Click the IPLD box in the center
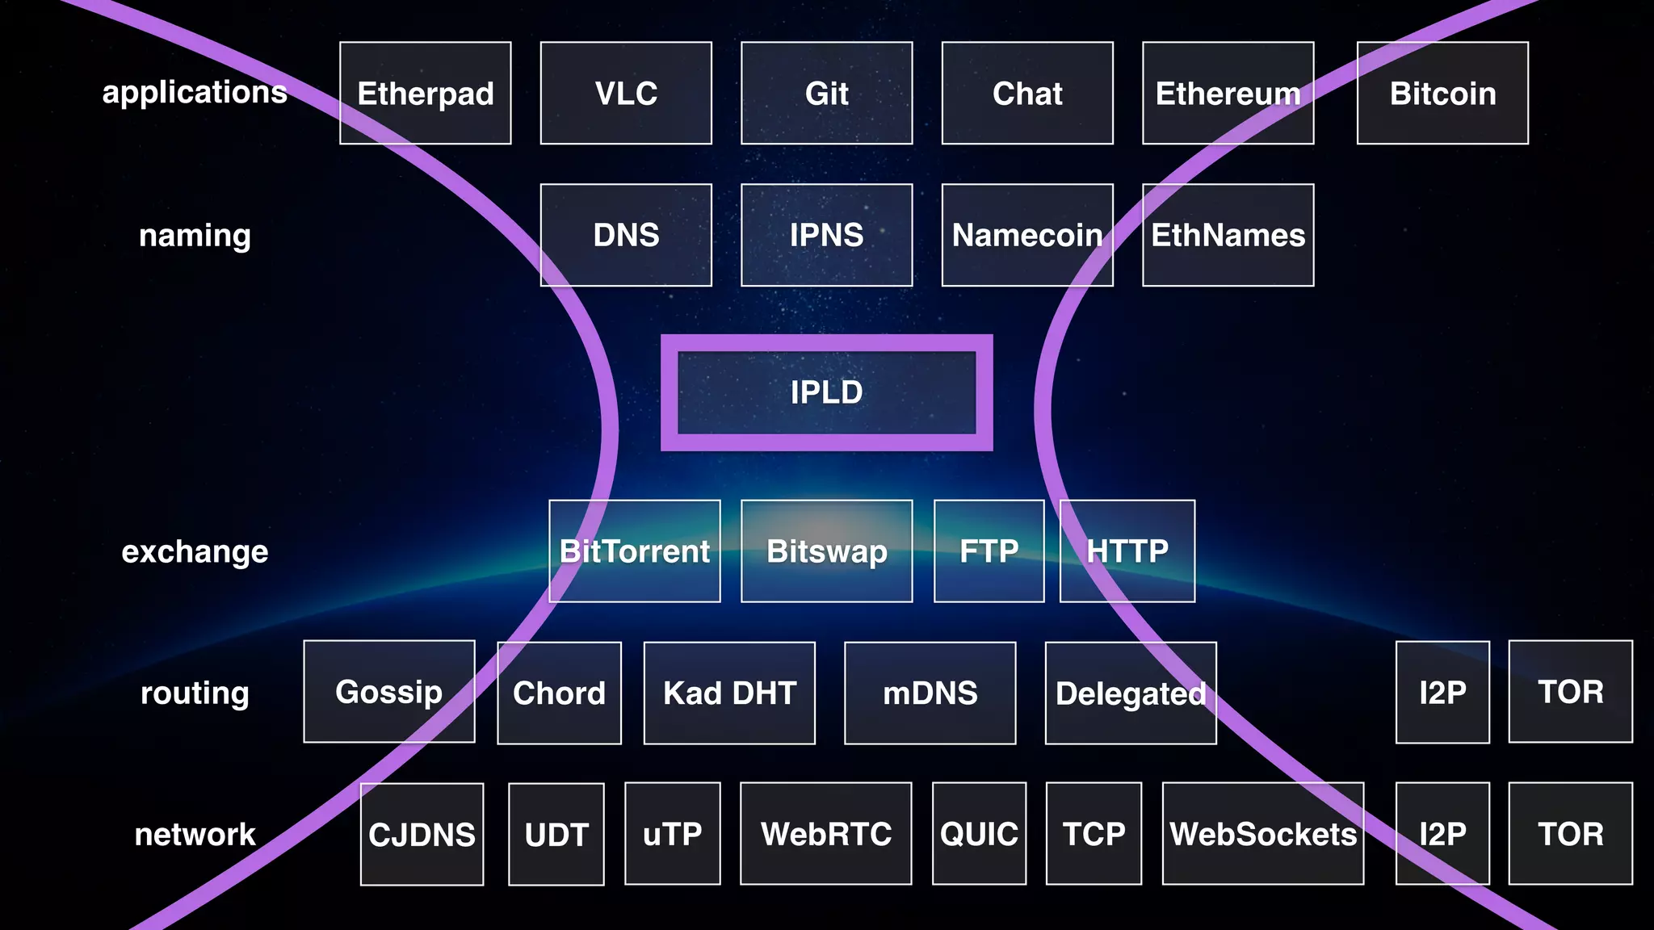826,392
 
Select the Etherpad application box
425,94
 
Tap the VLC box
626,94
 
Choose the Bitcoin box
1442,94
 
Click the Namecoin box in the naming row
1027,235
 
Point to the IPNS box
826,235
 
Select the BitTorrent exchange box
635,551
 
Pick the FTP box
989,551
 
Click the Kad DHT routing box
729,693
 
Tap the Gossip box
389,692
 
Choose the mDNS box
930,693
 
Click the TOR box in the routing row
1570,692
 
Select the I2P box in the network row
1442,834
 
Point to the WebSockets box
1263,834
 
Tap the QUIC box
979,834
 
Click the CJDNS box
422,834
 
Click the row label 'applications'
195,92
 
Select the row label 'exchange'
195,551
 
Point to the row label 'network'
195,834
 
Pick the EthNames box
1228,235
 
